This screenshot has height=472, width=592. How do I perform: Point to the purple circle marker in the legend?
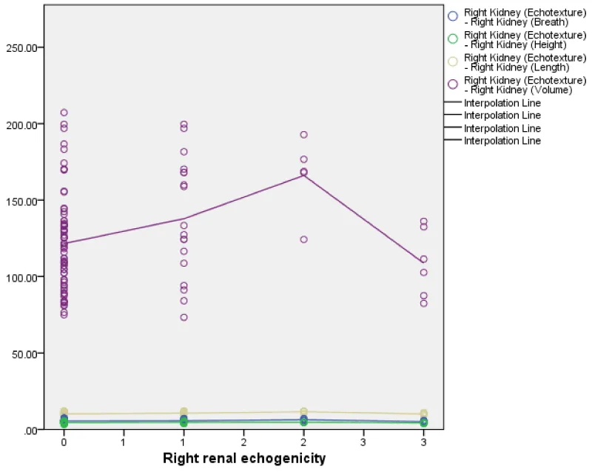click(452, 84)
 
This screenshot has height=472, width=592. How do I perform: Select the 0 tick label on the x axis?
click(64, 442)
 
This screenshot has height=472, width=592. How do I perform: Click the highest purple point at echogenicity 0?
click(64, 113)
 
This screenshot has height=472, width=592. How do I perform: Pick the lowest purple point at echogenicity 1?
click(184, 317)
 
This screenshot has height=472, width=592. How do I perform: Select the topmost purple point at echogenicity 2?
click(303, 135)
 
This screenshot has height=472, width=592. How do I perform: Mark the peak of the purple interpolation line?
click(303, 175)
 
